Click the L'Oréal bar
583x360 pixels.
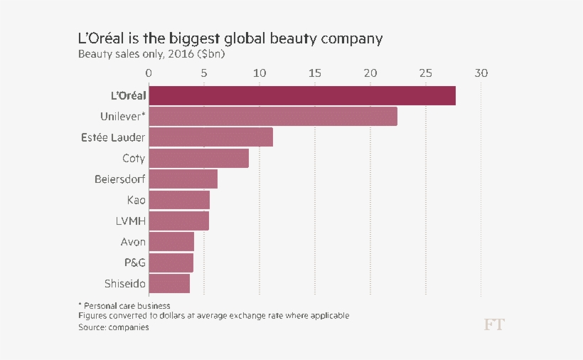[x=302, y=95]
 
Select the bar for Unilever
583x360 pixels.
[x=273, y=116]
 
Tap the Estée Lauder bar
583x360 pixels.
[x=211, y=137]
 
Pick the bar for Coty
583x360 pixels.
[x=199, y=158]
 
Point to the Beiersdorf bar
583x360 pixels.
[x=183, y=179]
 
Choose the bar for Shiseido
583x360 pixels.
[x=169, y=283]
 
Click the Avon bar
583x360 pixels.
[x=171, y=242]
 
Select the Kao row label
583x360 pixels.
[x=136, y=200]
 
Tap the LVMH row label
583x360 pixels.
[x=130, y=221]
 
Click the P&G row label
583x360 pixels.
[x=134, y=263]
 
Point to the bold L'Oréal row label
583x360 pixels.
[x=124, y=95]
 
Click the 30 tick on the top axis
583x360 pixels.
[x=481, y=73]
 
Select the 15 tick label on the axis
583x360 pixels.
[x=315, y=73]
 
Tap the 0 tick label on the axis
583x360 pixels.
[x=149, y=73]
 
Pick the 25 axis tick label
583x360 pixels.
[x=426, y=73]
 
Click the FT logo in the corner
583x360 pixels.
[x=494, y=324]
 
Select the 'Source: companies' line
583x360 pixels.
[x=114, y=327]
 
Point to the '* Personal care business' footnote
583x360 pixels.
[x=124, y=305]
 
